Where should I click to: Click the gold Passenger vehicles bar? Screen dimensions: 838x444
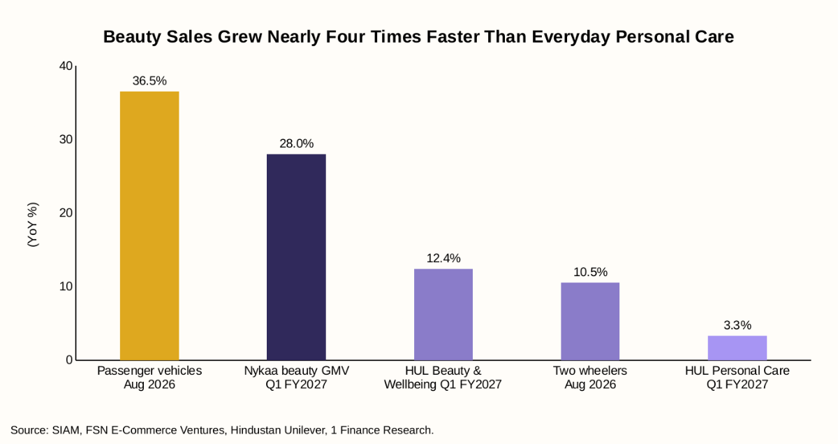(149, 226)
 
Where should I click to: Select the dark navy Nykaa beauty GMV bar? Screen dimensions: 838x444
(296, 257)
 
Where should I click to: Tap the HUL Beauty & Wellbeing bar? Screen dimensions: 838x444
(443, 315)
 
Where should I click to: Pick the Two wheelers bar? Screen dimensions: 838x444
(590, 321)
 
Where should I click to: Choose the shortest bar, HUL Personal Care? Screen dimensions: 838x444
(737, 348)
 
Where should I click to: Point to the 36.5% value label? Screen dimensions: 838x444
(149, 80)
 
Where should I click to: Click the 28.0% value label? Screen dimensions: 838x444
(296, 143)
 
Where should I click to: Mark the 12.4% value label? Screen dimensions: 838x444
(443, 258)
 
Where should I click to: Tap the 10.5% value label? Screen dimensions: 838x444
(590, 272)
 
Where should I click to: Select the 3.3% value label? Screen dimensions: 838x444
(737, 325)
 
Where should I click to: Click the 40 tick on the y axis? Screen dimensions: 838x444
(66, 66)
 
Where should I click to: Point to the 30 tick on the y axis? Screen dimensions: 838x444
(66, 139)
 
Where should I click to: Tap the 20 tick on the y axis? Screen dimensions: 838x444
(66, 213)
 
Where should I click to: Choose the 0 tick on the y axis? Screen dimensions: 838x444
(69, 360)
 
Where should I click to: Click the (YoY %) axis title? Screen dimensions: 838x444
(33, 224)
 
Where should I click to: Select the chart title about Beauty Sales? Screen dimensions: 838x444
(418, 37)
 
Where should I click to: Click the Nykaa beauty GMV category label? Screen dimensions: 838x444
(296, 378)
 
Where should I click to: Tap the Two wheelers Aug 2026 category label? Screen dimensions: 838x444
(590, 378)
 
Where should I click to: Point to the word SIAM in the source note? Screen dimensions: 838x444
(66, 430)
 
